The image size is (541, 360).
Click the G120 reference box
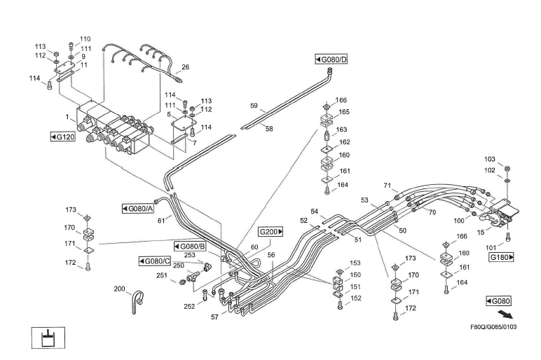click(63, 136)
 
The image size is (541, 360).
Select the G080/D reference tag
click(331, 59)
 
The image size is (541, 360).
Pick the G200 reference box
click(271, 231)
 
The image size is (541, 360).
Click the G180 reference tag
click(502, 257)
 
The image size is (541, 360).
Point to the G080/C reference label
click(155, 261)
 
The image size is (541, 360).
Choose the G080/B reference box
click(189, 247)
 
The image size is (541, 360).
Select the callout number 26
click(185, 67)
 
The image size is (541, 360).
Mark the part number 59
click(254, 106)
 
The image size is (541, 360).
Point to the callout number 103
click(490, 159)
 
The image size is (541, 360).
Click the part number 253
click(190, 256)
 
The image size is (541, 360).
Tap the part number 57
click(214, 317)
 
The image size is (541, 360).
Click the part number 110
click(85, 39)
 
